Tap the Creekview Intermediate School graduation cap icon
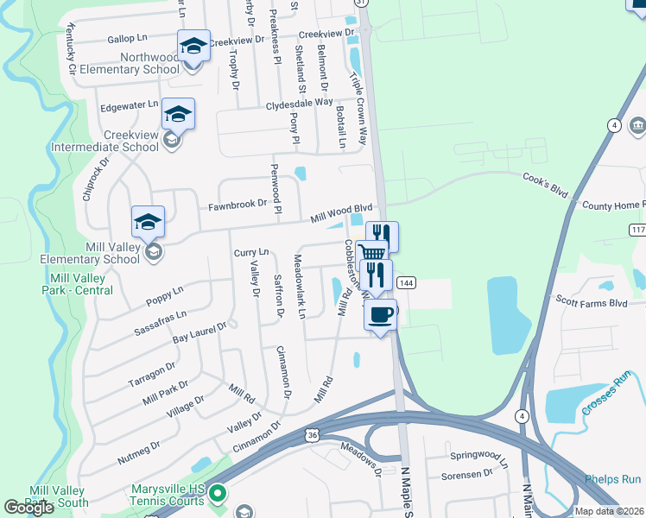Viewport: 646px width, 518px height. click(x=178, y=114)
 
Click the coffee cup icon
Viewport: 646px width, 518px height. click(x=380, y=313)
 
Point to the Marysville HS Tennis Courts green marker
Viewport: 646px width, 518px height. click(x=218, y=495)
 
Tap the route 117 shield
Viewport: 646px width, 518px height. click(x=637, y=230)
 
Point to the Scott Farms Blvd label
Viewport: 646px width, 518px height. click(x=591, y=303)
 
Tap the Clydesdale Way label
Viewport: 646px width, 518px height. click(x=300, y=103)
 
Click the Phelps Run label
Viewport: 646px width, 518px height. click(x=612, y=479)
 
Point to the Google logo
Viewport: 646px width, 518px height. click(x=28, y=508)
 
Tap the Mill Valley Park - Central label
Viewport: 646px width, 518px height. click(x=82, y=284)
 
